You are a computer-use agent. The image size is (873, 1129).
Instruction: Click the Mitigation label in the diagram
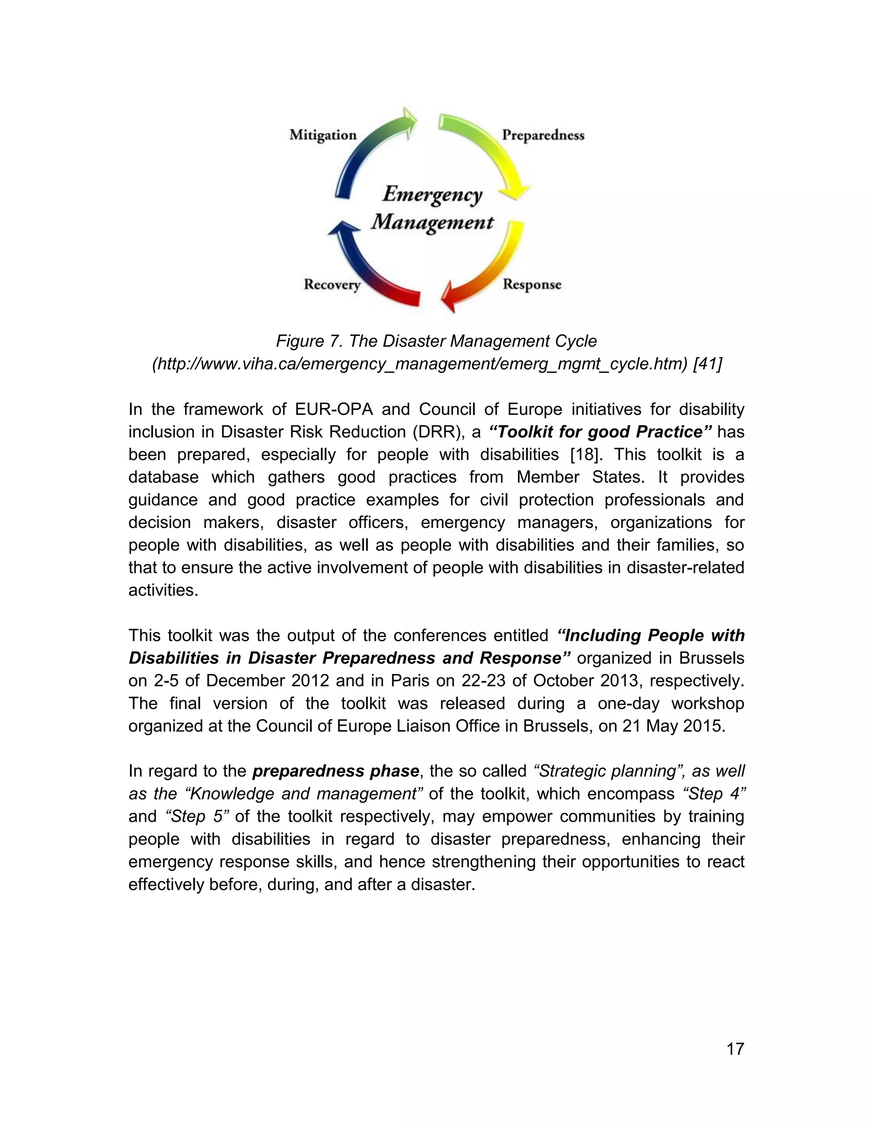(x=323, y=135)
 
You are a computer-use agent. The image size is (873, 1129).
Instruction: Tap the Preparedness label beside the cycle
(x=543, y=135)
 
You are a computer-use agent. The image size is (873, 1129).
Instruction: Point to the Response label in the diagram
(x=532, y=284)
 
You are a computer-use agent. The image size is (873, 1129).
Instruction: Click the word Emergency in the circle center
(x=432, y=194)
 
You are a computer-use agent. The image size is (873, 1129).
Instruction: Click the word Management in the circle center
(x=432, y=222)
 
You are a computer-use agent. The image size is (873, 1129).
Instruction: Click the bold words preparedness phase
(x=335, y=771)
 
